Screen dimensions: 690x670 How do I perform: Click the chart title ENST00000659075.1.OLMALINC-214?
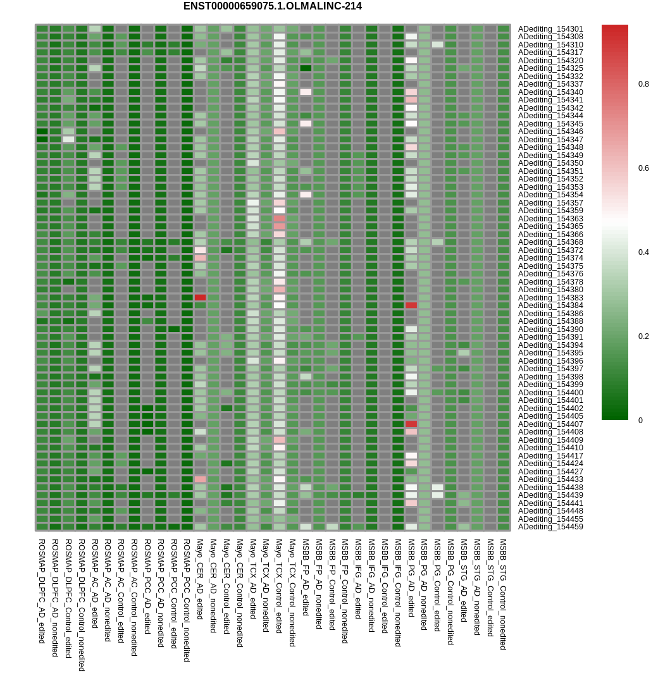pos(273,6)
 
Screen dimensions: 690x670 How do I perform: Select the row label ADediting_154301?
pos(550,29)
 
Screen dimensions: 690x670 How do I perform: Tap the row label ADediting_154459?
pos(550,527)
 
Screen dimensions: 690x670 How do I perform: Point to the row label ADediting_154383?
pos(550,298)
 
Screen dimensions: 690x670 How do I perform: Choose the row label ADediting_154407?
pos(550,424)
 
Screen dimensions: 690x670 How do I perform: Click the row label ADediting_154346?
pos(550,132)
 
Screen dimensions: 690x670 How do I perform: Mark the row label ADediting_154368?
pos(550,242)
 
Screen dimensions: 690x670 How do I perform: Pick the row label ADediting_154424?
pos(550,464)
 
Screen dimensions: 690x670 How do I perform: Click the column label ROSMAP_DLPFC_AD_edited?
pos(42,591)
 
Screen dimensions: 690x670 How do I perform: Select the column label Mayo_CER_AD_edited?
pos(200,578)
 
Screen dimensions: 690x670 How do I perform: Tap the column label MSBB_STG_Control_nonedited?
pos(503,595)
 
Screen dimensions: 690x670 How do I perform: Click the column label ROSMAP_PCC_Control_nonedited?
pos(187,600)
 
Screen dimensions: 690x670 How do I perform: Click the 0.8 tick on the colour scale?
pos(643,84)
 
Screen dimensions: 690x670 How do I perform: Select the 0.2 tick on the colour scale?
pos(643,336)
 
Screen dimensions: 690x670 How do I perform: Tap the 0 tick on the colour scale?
pos(640,421)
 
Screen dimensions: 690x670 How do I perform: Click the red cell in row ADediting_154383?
pos(200,297)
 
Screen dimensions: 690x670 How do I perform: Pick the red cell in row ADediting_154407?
pos(411,424)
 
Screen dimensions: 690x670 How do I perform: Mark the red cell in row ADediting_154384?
pos(411,305)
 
